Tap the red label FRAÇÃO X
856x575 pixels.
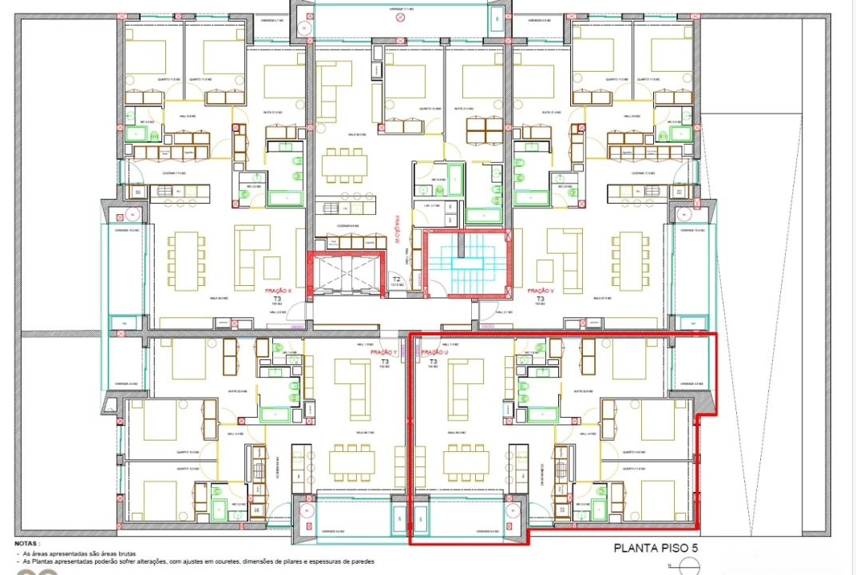[x=277, y=291]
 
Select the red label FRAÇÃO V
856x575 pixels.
[x=541, y=291]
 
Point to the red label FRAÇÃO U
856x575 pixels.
[x=434, y=352]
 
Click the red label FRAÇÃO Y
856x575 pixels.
[x=384, y=352]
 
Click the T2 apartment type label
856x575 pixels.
[x=396, y=279]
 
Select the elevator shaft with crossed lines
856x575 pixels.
[x=348, y=273]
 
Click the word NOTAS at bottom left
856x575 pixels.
[x=26, y=542]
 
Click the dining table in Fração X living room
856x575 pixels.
[x=185, y=261]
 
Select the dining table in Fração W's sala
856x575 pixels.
[x=345, y=166]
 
